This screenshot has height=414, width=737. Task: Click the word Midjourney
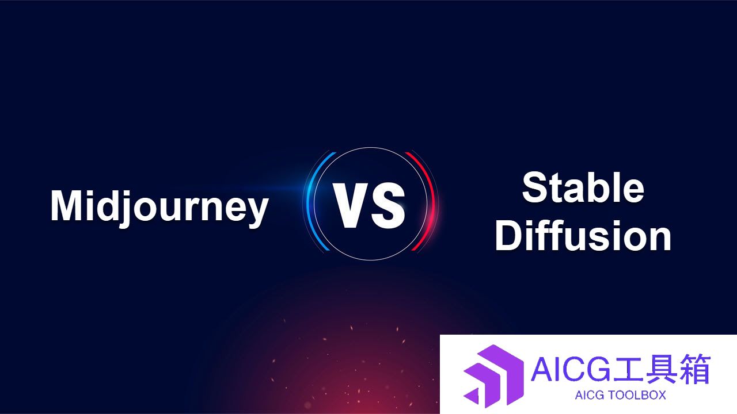tap(159, 208)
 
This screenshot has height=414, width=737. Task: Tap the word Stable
tap(583, 187)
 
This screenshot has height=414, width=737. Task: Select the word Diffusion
tap(583, 235)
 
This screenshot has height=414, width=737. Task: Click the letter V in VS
tap(349, 205)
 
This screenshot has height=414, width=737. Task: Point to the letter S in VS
tap(388, 205)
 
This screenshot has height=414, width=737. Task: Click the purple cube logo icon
tap(493, 376)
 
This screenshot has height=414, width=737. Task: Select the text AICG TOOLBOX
tap(620, 395)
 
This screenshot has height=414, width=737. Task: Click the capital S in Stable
tap(535, 187)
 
